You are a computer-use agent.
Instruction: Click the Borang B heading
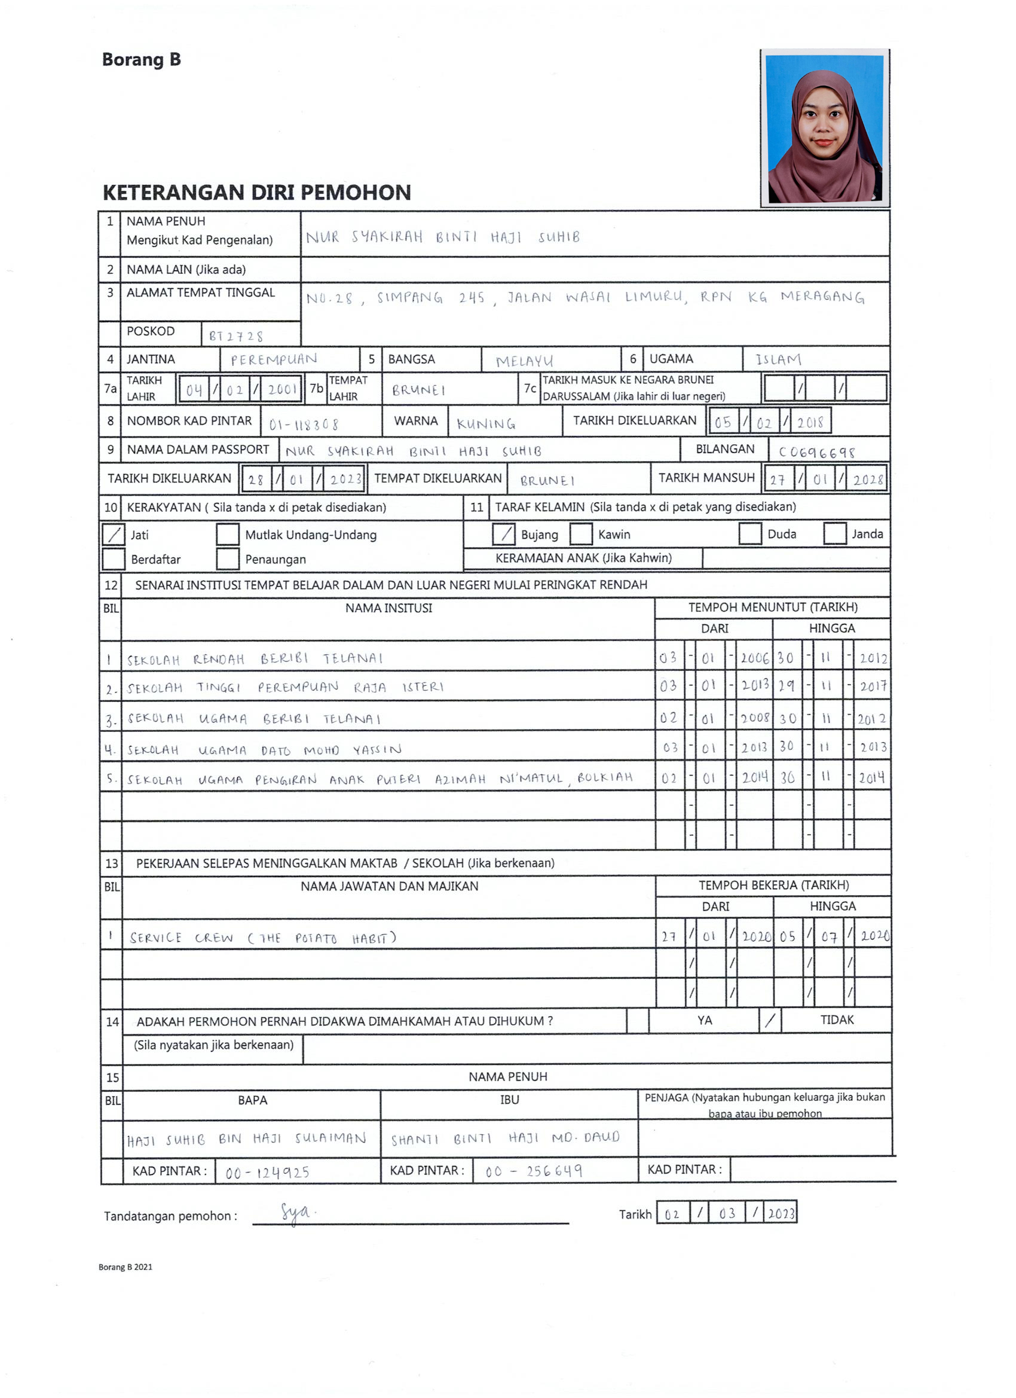141,60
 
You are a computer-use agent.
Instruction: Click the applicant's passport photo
824,128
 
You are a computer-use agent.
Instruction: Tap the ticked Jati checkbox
114,535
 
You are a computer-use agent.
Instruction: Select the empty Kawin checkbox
580,534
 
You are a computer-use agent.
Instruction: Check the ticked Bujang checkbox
503,534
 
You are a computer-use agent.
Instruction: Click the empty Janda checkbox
834,533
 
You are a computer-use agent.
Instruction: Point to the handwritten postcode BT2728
236,336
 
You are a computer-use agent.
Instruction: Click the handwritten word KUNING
485,424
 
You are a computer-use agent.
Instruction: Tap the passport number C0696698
816,453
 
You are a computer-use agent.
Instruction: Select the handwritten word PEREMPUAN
274,359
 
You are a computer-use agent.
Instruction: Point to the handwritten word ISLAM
778,359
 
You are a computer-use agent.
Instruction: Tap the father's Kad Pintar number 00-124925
267,1172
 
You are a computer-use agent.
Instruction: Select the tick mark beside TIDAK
770,1020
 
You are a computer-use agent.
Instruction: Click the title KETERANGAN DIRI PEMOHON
256,193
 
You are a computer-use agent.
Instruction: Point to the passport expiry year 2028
868,480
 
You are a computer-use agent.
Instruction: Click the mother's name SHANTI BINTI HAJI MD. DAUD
505,1138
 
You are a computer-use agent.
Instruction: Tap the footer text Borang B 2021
125,1266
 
